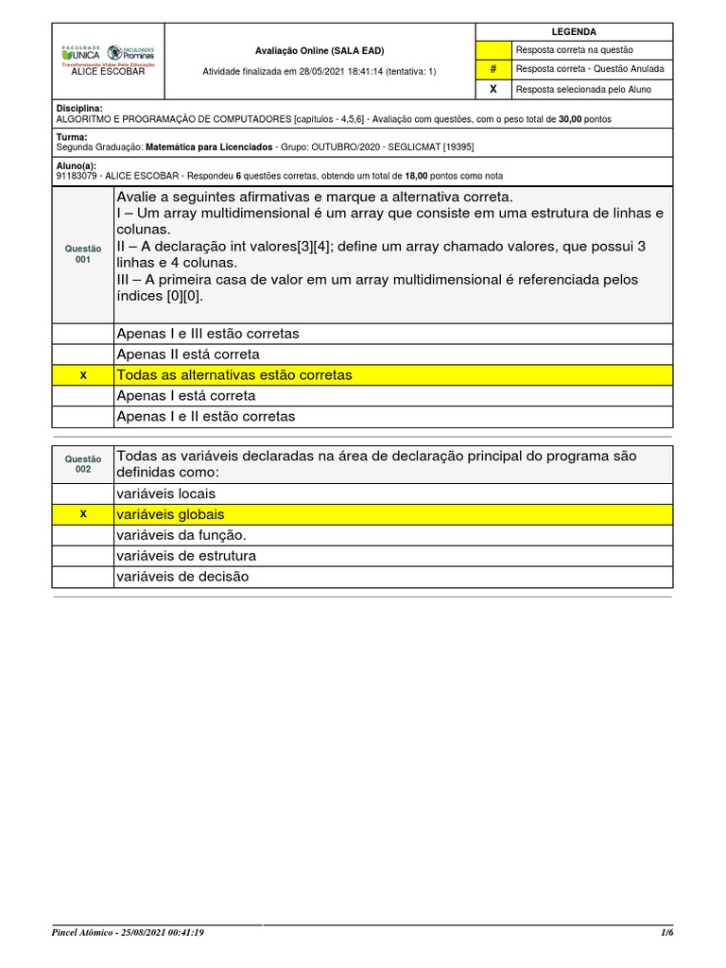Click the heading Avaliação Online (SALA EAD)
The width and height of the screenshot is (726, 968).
pyautogui.click(x=320, y=51)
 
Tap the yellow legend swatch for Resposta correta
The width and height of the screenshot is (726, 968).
pyautogui.click(x=493, y=50)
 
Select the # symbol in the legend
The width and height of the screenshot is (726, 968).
pyautogui.click(x=493, y=69)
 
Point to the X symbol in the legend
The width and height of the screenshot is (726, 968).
pyautogui.click(x=493, y=89)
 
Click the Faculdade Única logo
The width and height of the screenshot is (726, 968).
pyautogui.click(x=80, y=53)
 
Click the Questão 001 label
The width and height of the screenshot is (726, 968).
pyautogui.click(x=83, y=253)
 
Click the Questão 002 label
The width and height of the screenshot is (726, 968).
pyautogui.click(x=83, y=463)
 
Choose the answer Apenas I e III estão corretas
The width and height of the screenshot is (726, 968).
pyautogui.click(x=207, y=334)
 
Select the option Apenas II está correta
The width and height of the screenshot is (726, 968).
pyautogui.click(x=187, y=354)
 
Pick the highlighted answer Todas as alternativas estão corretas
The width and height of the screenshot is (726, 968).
pyautogui.click(x=233, y=375)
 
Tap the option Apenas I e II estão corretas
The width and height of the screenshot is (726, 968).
pyautogui.click(x=205, y=417)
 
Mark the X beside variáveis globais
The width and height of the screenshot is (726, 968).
pyautogui.click(x=83, y=514)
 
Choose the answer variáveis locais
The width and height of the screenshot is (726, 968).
pyautogui.click(x=165, y=493)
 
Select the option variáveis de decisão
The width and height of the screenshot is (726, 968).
pyautogui.click(x=182, y=577)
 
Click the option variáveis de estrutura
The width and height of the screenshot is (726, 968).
pyautogui.click(x=185, y=556)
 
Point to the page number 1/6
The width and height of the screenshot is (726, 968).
pyautogui.click(x=666, y=932)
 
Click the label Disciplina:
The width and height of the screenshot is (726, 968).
pyautogui.click(x=79, y=109)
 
